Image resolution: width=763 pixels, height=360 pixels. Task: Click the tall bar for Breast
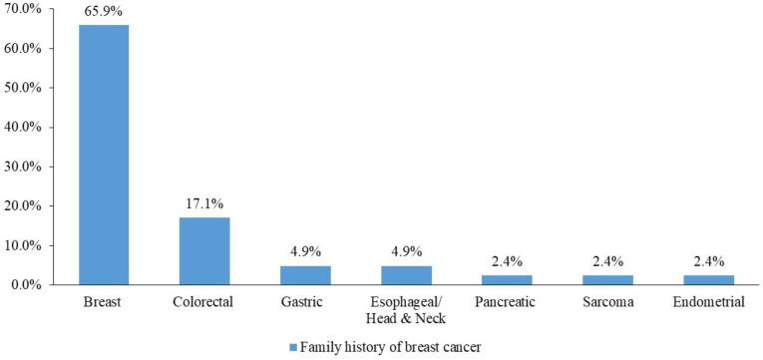point(104,155)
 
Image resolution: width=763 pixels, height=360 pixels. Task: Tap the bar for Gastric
point(305,275)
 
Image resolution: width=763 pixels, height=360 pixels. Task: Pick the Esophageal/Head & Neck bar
point(406,275)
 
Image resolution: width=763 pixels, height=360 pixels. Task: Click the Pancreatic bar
point(507,280)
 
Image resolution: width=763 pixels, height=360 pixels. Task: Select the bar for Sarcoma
point(607,280)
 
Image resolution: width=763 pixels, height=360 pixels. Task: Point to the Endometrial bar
point(708,280)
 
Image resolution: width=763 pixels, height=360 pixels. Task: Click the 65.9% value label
point(104,11)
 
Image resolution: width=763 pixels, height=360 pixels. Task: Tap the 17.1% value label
point(204,203)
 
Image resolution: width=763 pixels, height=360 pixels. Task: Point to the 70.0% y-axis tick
point(23,9)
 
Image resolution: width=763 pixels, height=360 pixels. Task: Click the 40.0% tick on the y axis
point(23,128)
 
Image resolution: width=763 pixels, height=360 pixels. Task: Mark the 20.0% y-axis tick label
point(23,206)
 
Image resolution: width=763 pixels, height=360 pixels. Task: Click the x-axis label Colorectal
point(204,303)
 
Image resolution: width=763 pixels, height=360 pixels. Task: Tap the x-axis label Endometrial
point(708,303)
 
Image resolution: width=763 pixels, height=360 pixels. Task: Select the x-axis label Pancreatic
point(507,303)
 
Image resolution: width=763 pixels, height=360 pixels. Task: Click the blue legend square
point(292,347)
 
